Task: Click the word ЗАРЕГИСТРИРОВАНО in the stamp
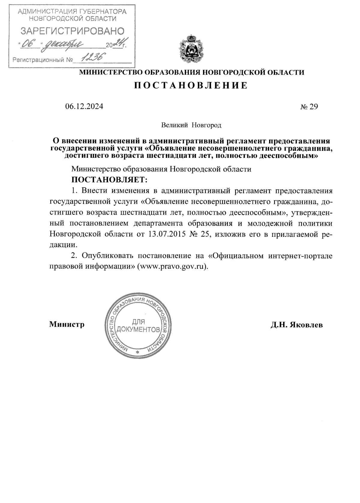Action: pyautogui.click(x=72, y=31)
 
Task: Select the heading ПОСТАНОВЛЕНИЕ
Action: pyautogui.click(x=191, y=86)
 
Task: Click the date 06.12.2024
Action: pyautogui.click(x=84, y=107)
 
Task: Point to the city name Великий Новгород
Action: pyautogui.click(x=191, y=125)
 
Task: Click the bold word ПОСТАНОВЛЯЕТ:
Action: pyautogui.click(x=109, y=180)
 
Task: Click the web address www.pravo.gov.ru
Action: pyautogui.click(x=172, y=266)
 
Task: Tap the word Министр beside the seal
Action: pyautogui.click(x=67, y=324)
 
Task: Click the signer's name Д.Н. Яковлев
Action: pyautogui.click(x=296, y=325)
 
